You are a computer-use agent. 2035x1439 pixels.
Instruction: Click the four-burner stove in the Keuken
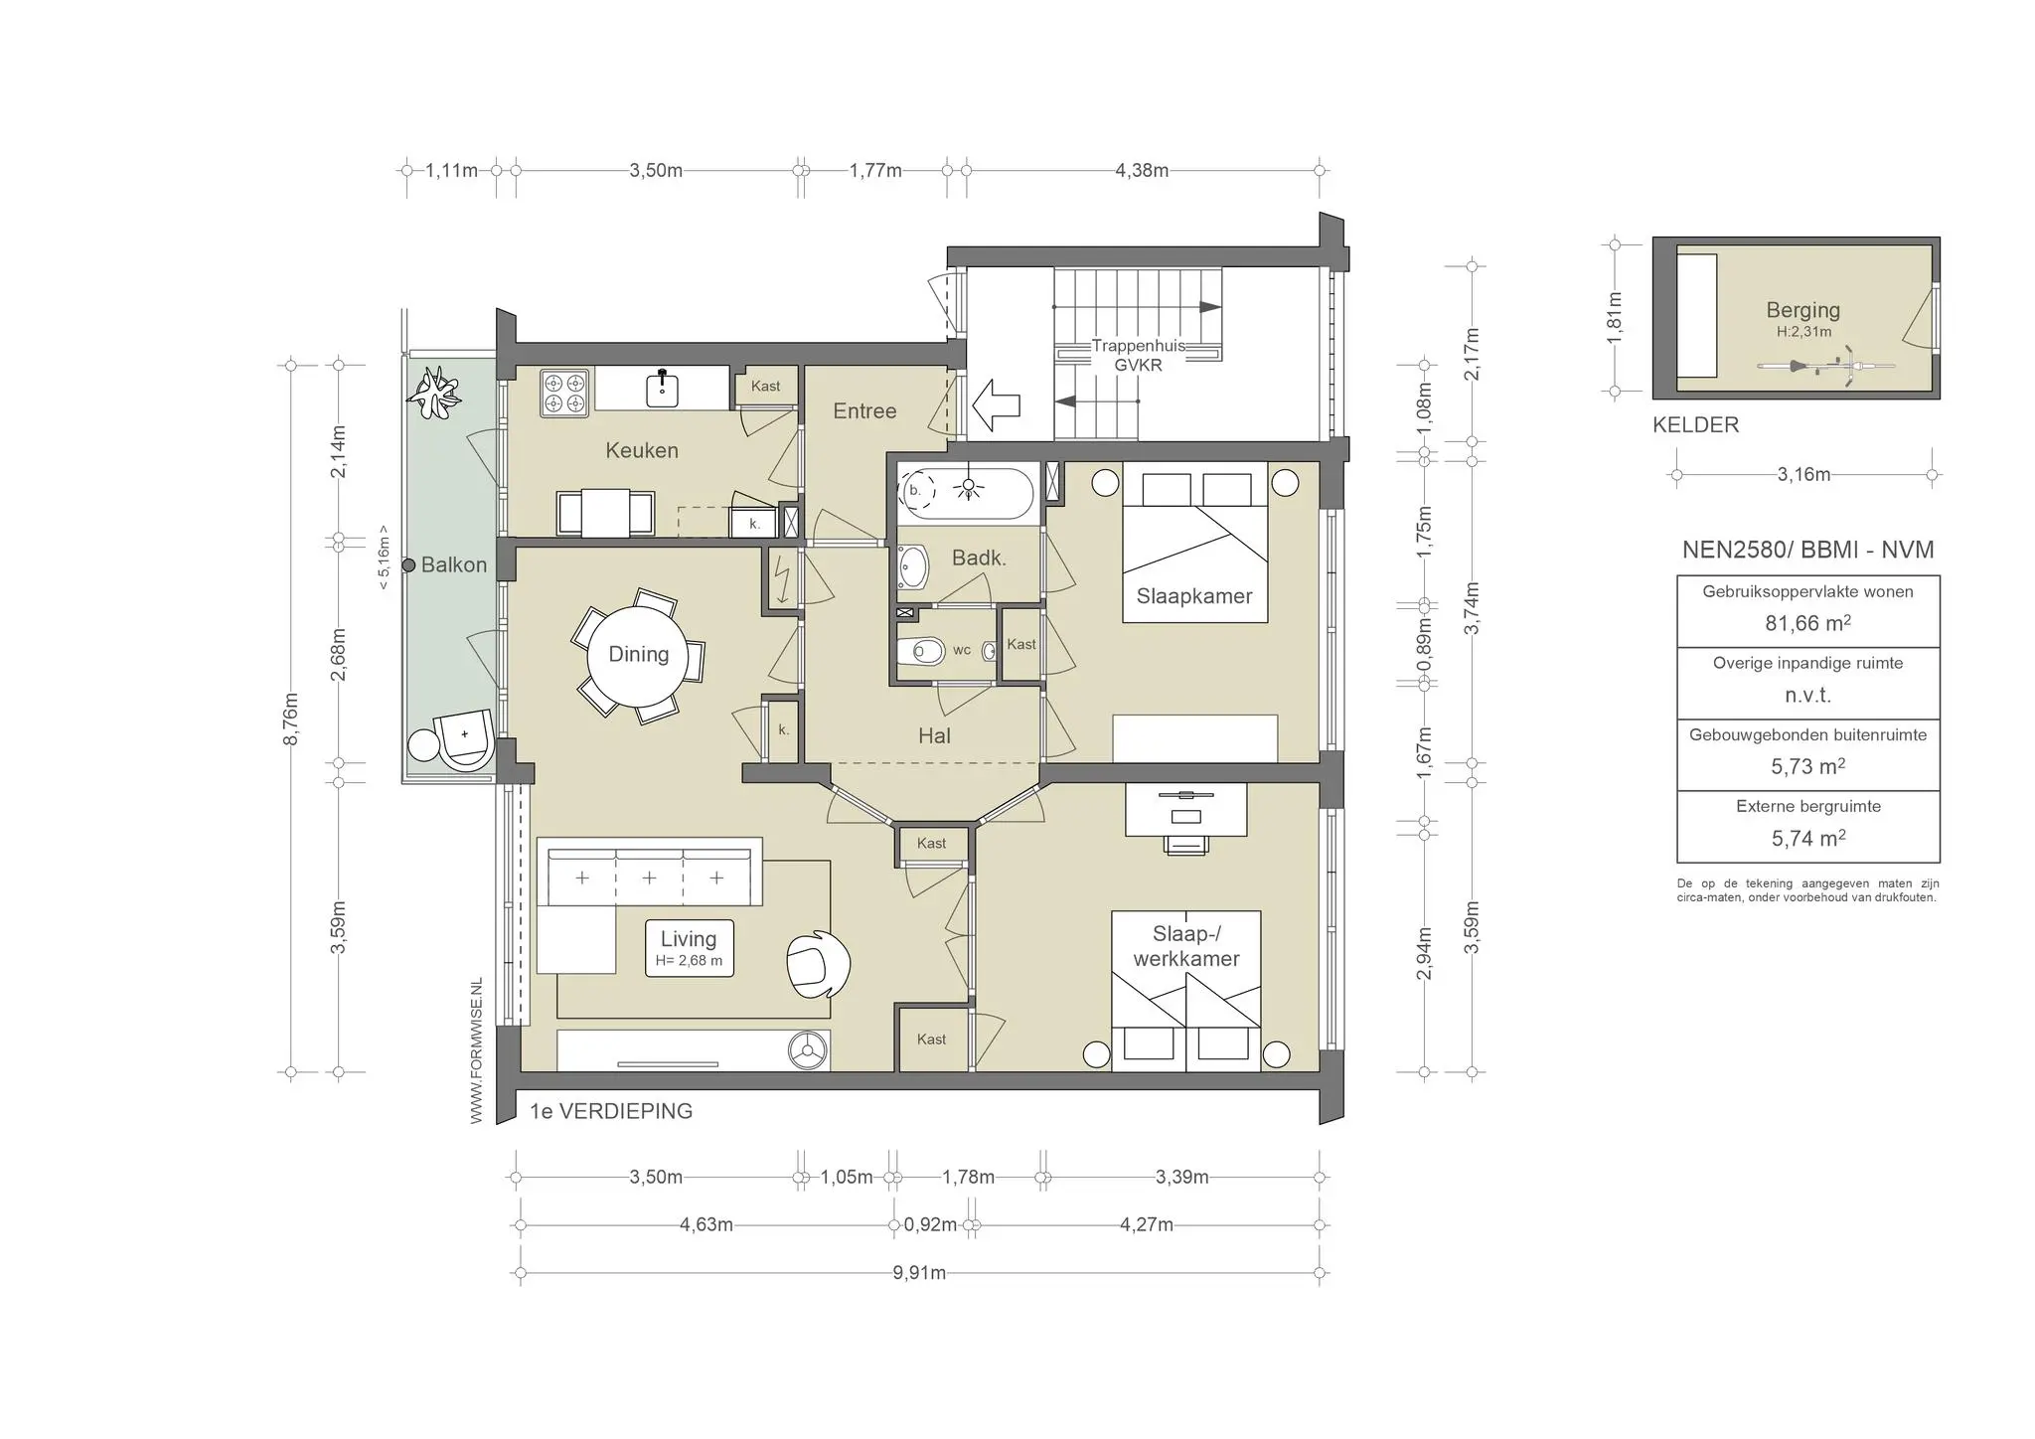pos(564,393)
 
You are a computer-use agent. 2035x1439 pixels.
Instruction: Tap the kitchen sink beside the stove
pos(663,389)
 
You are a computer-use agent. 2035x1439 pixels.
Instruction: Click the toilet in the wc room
pos(920,652)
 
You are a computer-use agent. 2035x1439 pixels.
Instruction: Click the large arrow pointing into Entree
pos(996,404)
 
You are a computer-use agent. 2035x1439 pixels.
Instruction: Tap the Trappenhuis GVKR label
pos(1138,355)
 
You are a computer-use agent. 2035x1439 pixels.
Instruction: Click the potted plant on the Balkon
pos(435,393)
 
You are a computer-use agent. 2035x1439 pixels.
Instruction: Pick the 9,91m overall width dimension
pos(918,1273)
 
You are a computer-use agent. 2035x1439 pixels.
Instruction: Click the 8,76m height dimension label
pos(291,719)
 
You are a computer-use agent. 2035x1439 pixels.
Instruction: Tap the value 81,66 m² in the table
pos(1807,623)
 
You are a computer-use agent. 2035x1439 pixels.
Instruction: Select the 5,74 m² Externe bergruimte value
pos(1807,838)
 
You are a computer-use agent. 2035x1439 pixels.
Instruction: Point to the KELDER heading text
pos(1695,425)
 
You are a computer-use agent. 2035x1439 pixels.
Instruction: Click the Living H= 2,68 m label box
pos(689,948)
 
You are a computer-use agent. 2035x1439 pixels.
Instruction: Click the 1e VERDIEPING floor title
pos(611,1112)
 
